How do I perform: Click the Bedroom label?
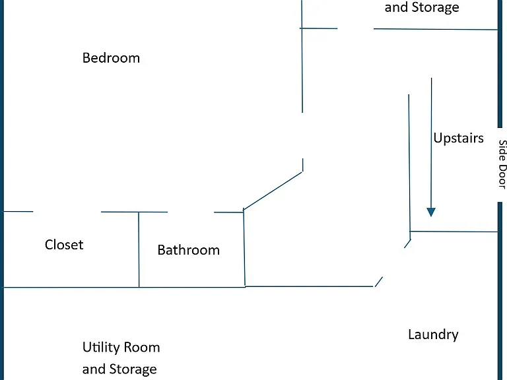point(111,58)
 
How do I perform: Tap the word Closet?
point(64,245)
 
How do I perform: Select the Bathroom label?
point(189,250)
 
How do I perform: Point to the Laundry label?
point(433,334)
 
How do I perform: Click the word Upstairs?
point(459,139)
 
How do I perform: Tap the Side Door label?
point(502,164)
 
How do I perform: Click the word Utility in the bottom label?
point(101,348)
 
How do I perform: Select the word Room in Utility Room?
point(142,348)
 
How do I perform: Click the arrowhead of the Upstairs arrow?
point(431,212)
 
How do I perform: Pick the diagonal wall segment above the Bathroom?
point(273,191)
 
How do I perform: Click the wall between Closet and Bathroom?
point(139,249)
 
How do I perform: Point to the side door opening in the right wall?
point(500,165)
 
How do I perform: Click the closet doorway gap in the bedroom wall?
point(67,212)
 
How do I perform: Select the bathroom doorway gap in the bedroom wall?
point(191,212)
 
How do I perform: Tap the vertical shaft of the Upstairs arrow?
point(431,142)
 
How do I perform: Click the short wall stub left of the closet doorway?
point(18,212)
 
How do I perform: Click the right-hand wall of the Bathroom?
point(244,249)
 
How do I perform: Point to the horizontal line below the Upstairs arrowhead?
point(454,232)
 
